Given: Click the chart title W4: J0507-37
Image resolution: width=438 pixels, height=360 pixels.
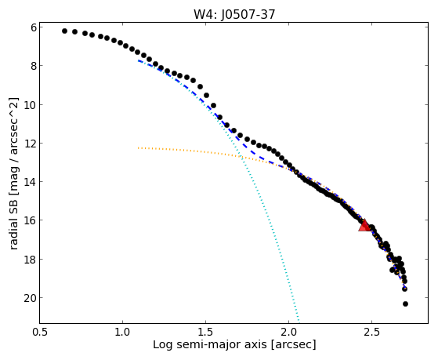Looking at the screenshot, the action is [234, 14].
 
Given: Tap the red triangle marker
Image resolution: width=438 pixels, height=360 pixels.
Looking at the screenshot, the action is [364, 226].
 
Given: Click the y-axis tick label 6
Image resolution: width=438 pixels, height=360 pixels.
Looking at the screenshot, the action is [34, 27].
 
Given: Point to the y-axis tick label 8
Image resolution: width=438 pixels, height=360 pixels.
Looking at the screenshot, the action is [34, 66].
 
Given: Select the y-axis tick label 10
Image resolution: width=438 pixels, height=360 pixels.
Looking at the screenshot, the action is [31, 105].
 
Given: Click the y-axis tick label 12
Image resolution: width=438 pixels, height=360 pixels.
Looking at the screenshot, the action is [31, 144].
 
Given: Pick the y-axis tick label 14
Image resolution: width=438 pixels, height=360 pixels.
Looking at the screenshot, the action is [31, 182].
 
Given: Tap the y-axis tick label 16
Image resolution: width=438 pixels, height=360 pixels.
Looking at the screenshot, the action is [31, 220].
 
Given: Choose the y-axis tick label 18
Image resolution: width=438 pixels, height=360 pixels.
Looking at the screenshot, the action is [31, 260].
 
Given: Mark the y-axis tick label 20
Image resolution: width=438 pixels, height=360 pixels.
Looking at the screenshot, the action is [31, 298].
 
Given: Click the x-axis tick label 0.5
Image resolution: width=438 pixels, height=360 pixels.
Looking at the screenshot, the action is [40, 332].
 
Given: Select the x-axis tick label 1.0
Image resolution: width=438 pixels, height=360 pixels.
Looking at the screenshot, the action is [123, 332].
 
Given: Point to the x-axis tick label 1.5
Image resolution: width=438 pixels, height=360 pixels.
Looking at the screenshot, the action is [205, 332].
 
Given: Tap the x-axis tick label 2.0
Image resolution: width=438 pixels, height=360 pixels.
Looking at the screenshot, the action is [288, 332].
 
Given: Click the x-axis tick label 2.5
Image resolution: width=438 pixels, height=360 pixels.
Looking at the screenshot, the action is [371, 332].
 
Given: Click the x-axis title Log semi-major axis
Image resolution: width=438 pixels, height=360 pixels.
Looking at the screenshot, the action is [210, 345].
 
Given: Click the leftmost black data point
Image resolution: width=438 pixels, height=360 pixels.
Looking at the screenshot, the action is [64, 31].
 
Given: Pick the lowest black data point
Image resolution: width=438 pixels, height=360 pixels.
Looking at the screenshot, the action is [405, 304].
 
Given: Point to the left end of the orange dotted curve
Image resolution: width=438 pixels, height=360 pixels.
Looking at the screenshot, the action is [138, 147].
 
